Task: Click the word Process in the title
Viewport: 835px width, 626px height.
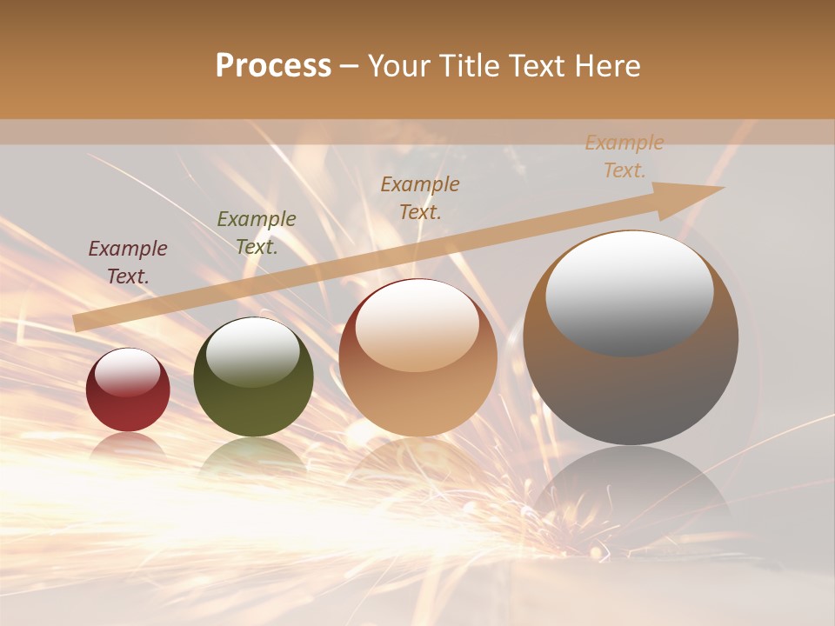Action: [273, 66]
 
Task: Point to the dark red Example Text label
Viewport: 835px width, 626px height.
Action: [128, 262]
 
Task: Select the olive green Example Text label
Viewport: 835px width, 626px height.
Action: [256, 232]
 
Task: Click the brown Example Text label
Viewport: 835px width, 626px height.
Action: [420, 197]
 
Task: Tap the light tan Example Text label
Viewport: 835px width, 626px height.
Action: [625, 156]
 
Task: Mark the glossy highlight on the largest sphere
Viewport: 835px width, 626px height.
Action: [629, 292]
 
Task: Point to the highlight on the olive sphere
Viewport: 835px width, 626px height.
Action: [252, 350]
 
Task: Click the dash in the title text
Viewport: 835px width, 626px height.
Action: [350, 67]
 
